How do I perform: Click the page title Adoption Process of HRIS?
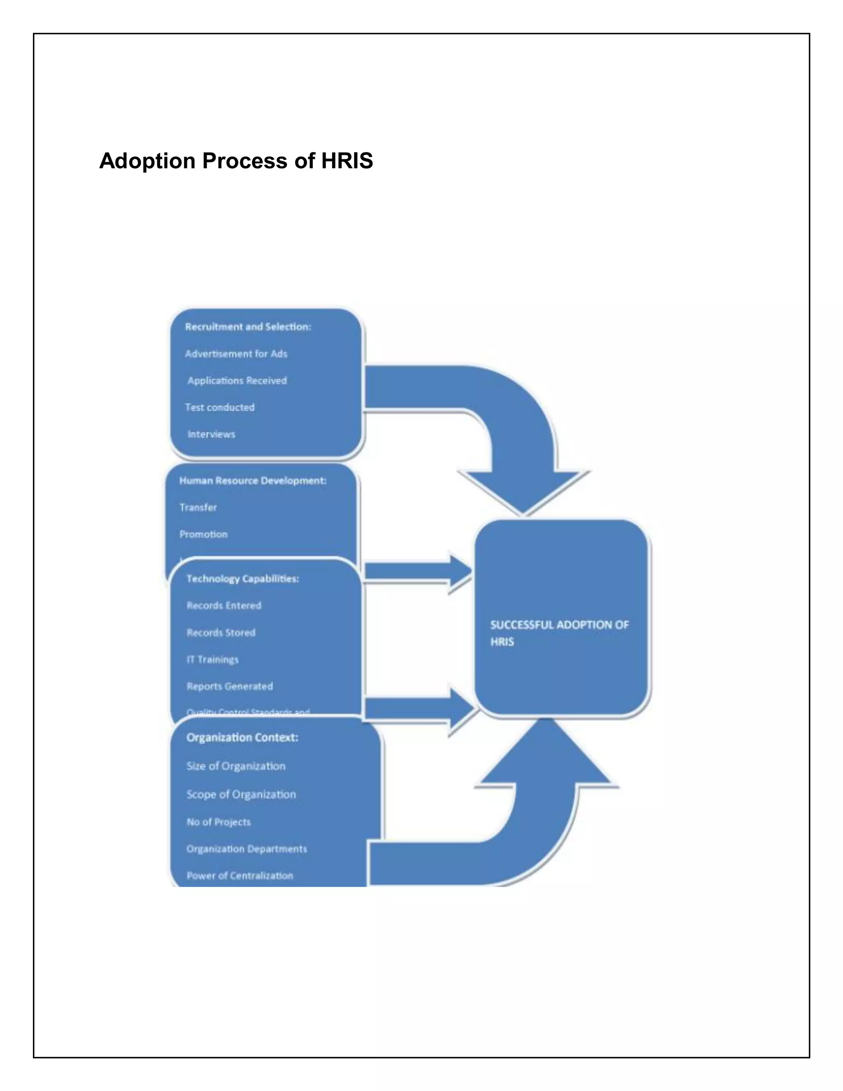pyautogui.click(x=236, y=161)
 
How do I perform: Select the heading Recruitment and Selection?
pyautogui.click(x=248, y=327)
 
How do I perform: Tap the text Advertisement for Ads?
pyautogui.click(x=236, y=354)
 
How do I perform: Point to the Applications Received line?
pyautogui.click(x=237, y=381)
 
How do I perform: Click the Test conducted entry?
pyautogui.click(x=220, y=408)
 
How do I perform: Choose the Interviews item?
pyautogui.click(x=211, y=434)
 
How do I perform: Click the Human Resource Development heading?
pyautogui.click(x=253, y=480)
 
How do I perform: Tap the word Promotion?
pyautogui.click(x=203, y=534)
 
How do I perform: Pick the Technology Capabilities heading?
pyautogui.click(x=243, y=578)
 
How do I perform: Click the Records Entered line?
pyautogui.click(x=224, y=606)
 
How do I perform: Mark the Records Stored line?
pyautogui.click(x=221, y=632)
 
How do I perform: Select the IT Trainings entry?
pyautogui.click(x=212, y=660)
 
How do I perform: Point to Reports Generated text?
pyautogui.click(x=230, y=686)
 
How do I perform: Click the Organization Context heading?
pyautogui.click(x=242, y=738)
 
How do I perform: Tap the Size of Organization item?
pyautogui.click(x=236, y=766)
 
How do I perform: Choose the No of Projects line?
pyautogui.click(x=218, y=822)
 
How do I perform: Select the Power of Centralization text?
pyautogui.click(x=240, y=876)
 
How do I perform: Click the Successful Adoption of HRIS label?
pyautogui.click(x=559, y=633)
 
